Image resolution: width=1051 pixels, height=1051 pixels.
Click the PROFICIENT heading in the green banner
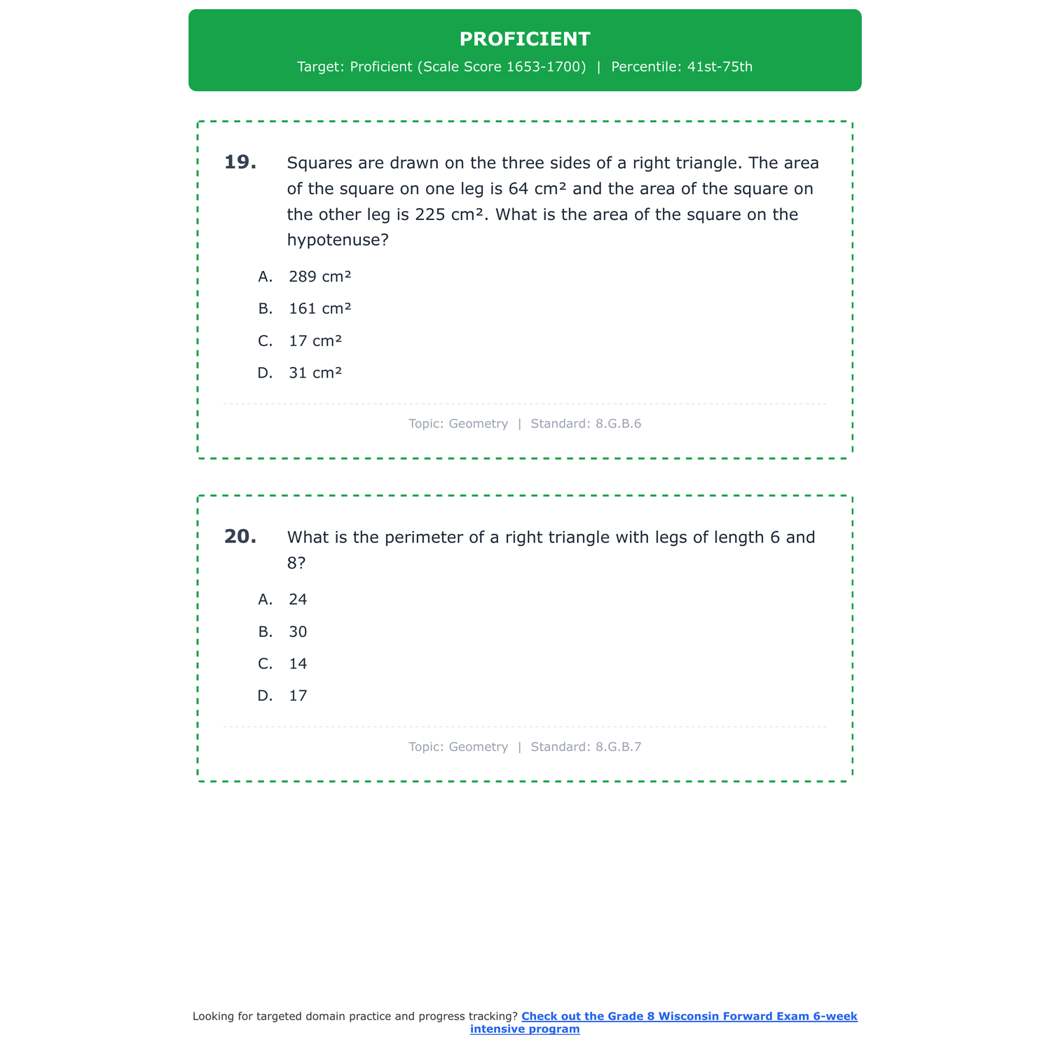525,39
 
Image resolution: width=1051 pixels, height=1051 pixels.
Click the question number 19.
240,163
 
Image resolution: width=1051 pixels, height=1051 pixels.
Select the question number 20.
240,537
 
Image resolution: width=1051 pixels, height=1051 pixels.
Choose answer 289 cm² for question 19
320,277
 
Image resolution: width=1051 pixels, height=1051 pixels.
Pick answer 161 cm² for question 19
320,309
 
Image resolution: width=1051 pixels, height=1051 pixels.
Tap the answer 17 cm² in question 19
315,341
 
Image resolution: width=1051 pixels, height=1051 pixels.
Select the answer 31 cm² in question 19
315,373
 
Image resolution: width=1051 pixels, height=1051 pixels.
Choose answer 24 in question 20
298,600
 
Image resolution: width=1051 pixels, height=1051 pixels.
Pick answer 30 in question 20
298,632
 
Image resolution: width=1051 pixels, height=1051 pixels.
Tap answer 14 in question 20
298,664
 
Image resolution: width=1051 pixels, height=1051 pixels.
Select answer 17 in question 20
298,696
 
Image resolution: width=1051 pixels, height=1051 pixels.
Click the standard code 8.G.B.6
618,424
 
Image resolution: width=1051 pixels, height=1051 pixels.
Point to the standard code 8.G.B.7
618,747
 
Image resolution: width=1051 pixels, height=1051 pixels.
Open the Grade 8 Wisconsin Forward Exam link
689,1017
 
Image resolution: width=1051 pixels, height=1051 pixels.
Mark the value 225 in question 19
430,214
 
